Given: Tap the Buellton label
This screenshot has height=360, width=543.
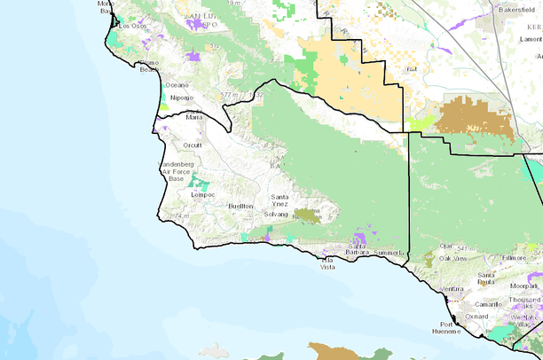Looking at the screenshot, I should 240,206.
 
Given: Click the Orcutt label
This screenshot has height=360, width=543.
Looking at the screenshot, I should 192,145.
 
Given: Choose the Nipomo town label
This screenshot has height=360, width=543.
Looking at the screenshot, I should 181,98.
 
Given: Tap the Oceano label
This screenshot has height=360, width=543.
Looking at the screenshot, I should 177,84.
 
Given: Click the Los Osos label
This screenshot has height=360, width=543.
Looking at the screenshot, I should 132,26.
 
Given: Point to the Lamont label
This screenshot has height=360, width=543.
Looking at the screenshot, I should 529,40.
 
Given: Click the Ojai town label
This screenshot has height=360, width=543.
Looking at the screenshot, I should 446,247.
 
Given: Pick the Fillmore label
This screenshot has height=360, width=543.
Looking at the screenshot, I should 490,258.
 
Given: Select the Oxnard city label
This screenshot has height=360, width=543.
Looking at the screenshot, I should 477,316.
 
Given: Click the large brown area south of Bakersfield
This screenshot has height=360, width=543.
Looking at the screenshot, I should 474,117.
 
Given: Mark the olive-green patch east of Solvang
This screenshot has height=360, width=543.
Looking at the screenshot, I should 310,215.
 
